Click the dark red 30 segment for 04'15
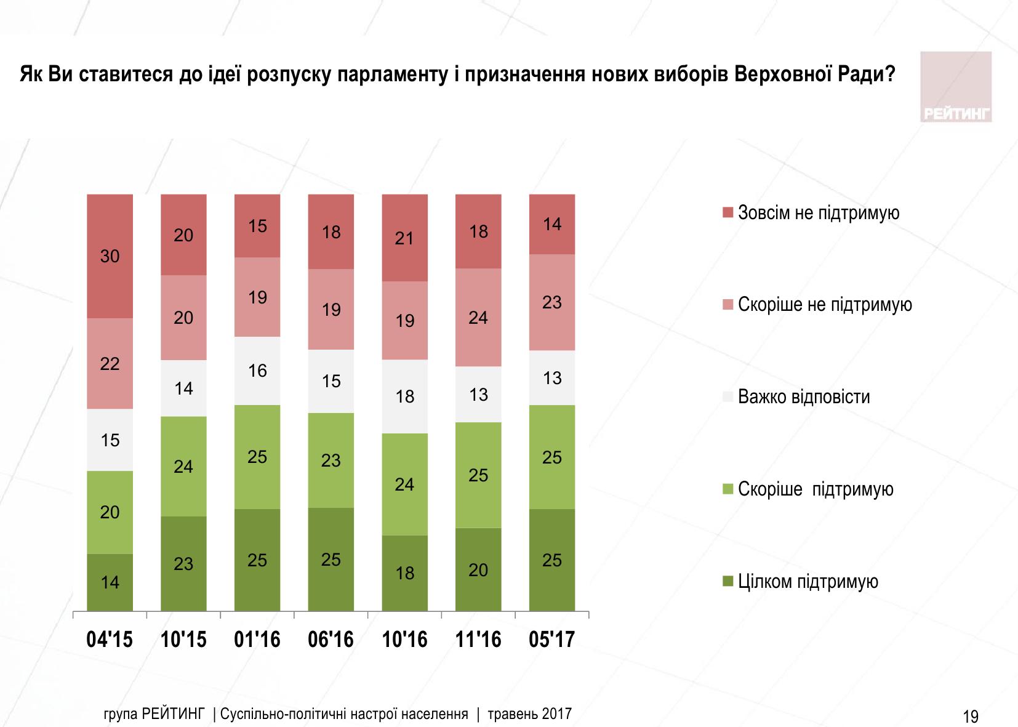click(x=110, y=256)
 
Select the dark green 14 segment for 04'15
click(x=110, y=582)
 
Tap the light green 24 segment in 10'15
click(x=183, y=467)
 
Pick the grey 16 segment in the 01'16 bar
click(x=257, y=371)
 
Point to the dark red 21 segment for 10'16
click(x=405, y=238)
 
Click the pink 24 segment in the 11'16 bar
click(x=478, y=318)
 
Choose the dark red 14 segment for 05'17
click(x=552, y=224)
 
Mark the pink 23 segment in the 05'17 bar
click(x=552, y=302)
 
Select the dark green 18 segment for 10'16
click(x=405, y=573)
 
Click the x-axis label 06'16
click(x=331, y=640)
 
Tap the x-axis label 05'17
click(x=552, y=640)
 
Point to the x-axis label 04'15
click(x=110, y=640)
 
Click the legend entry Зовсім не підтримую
click(x=819, y=213)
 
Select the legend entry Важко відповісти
click(x=804, y=396)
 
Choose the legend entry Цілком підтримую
click(x=808, y=582)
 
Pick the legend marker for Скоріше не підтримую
click(x=727, y=305)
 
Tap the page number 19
click(x=970, y=717)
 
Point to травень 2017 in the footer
click(x=529, y=714)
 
